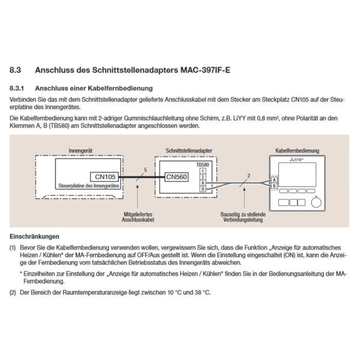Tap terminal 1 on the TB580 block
pyautogui.click(x=203, y=171)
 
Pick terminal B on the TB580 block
pyautogui.click(x=203, y=189)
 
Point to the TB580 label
pyautogui.click(x=202, y=164)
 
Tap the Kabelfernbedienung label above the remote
pyautogui.click(x=298, y=150)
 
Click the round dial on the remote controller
pyautogui.click(x=316, y=202)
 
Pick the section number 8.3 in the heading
pyautogui.click(x=17, y=70)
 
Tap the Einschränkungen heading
pyautogui.click(x=34, y=236)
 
